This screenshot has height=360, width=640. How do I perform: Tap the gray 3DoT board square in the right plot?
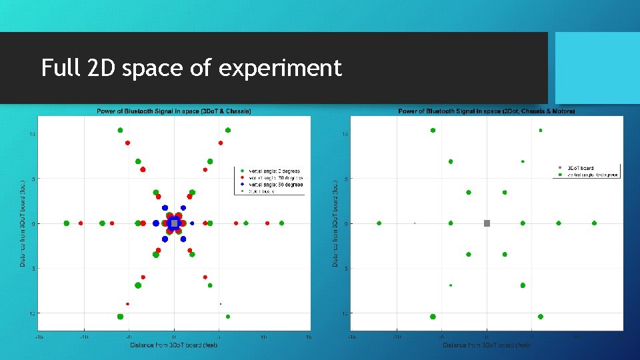pos(487,223)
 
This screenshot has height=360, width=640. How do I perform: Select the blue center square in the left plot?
pos(174,223)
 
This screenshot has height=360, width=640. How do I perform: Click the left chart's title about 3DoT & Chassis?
pos(174,111)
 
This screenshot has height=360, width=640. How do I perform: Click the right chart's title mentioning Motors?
pos(486,111)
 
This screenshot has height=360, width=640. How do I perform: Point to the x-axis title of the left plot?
pos(174,345)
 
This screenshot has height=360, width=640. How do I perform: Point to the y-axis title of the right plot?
pos(335,223)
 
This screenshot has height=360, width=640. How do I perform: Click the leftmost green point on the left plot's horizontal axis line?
pos(66,223)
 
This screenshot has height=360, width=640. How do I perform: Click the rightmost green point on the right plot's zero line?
pos(594,223)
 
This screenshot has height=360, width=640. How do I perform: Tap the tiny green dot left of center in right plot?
pos(415,223)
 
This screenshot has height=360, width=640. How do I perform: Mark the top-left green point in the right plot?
pos(433,131)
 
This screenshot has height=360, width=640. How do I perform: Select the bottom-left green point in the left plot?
pos(120,317)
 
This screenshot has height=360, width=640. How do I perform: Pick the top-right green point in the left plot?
pos(228,130)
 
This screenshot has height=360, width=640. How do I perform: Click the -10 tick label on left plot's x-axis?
pos(84,337)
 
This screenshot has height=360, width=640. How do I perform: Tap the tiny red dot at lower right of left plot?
pos(221,304)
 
